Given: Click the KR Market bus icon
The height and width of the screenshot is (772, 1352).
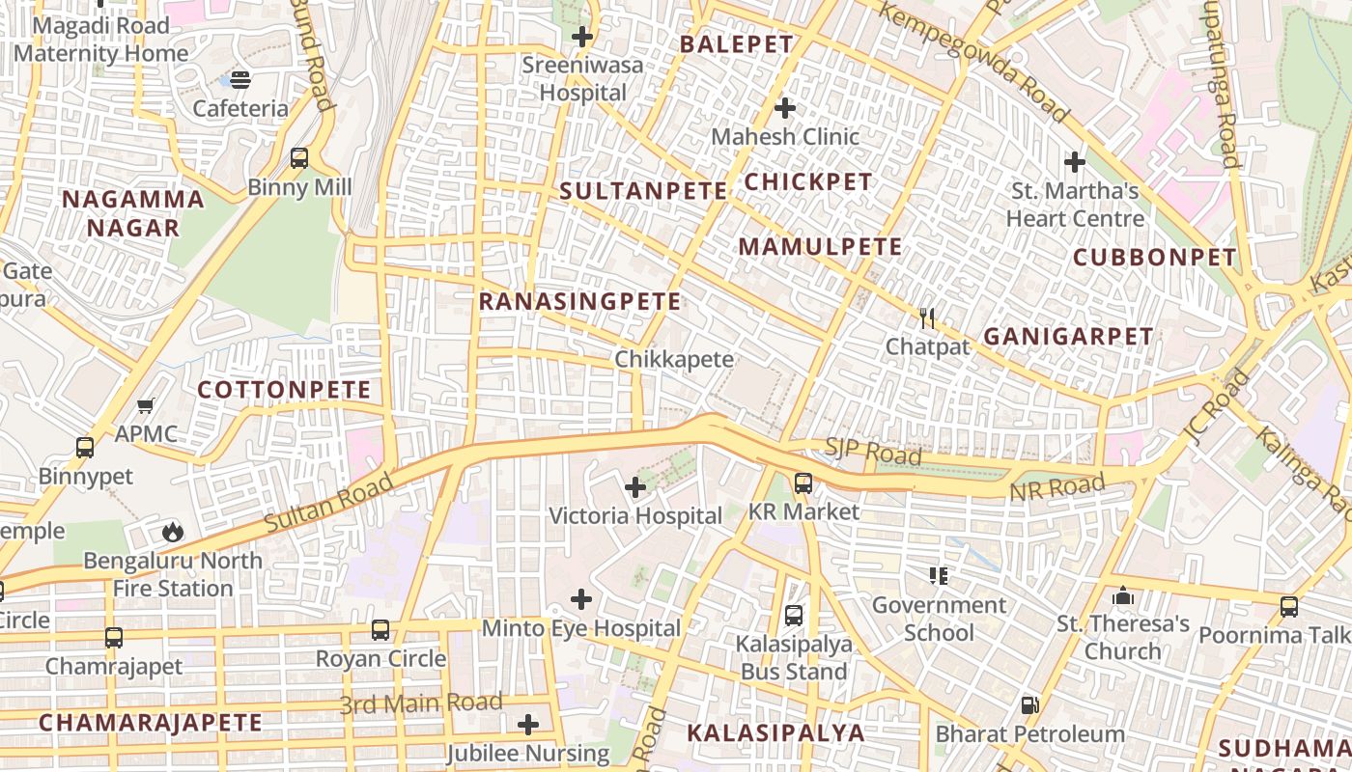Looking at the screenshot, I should point(803,483).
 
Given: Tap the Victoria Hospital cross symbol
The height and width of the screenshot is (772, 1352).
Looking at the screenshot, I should point(635,487).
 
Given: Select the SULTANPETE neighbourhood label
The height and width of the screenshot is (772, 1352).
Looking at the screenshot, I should point(643,191).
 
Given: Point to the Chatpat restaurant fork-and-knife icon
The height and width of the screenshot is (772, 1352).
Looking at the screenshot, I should point(927,318).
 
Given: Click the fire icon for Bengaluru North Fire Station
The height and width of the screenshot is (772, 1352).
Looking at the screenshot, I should point(173,532).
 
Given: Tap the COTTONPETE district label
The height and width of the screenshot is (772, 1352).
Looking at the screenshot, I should point(284,390).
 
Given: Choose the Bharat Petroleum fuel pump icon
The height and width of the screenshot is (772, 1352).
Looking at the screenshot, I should point(1030,705).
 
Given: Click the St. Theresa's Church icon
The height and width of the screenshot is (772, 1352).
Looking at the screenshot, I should point(1122,596).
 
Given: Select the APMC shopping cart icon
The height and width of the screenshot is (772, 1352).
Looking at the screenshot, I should point(146,406).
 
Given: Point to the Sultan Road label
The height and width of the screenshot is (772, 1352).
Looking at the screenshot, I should point(329,503).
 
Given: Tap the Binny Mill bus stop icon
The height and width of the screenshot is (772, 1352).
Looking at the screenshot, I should point(299,158).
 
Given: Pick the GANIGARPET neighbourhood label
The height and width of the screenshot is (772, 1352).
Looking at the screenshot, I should point(1067,337).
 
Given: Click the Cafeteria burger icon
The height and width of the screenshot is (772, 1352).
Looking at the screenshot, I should point(240,80).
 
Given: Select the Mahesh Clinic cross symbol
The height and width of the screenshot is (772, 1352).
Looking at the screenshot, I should point(785,108).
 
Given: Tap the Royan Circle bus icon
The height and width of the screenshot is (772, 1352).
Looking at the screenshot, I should point(380,630).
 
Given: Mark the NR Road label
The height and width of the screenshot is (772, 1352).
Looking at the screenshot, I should point(1056,488).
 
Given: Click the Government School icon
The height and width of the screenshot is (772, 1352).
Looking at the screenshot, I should point(938,576).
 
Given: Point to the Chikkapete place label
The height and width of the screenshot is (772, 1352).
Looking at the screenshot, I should point(674,359).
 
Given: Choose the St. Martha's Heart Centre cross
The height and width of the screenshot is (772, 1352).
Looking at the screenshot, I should point(1074,161).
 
